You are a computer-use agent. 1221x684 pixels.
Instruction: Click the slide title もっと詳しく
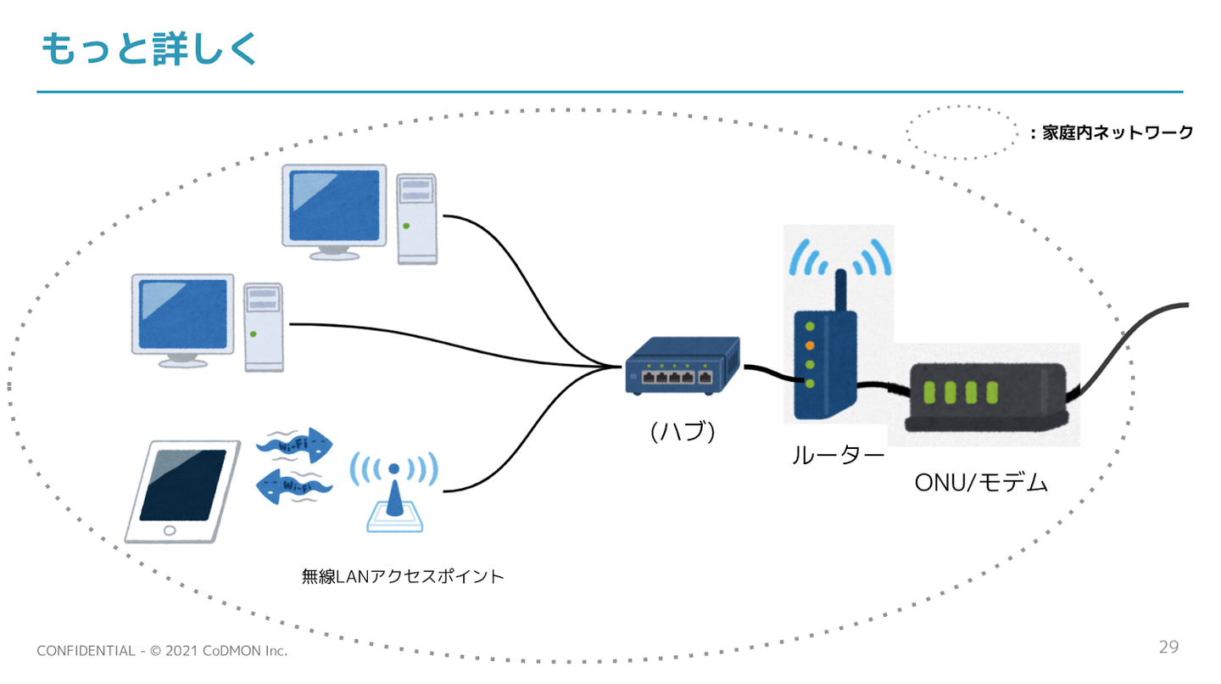click(148, 50)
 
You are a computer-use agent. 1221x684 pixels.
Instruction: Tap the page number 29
click(1168, 648)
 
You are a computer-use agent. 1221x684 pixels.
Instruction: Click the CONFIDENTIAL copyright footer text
click(162, 651)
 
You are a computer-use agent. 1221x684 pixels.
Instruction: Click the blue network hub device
click(682, 366)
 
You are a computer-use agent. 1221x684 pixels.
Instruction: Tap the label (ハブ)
click(683, 431)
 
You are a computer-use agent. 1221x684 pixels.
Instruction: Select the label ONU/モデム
click(981, 483)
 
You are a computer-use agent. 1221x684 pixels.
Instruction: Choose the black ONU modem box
click(986, 395)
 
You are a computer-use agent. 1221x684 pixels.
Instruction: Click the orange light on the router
click(810, 345)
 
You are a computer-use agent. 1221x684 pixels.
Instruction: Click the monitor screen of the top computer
click(334, 206)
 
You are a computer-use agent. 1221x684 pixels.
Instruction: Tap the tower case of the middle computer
click(263, 327)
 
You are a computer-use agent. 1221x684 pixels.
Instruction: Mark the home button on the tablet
click(169, 530)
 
